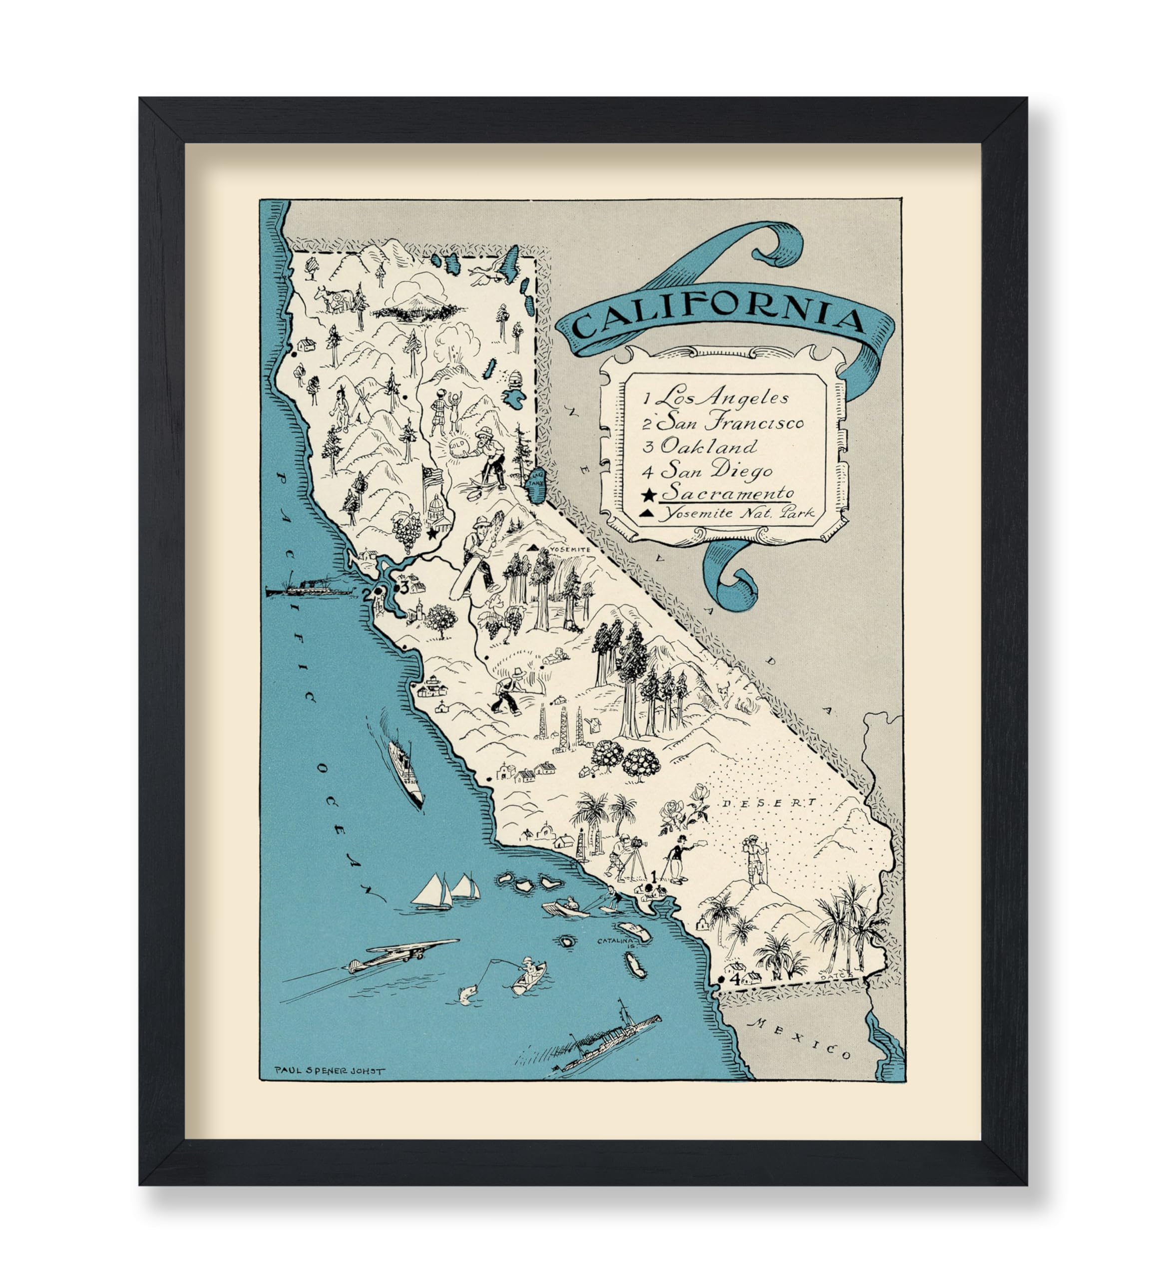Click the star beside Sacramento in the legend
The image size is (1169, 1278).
(x=650, y=494)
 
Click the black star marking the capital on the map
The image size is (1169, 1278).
(x=432, y=533)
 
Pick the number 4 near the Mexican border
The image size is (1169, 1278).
(x=735, y=980)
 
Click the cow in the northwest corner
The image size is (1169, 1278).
(x=333, y=298)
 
